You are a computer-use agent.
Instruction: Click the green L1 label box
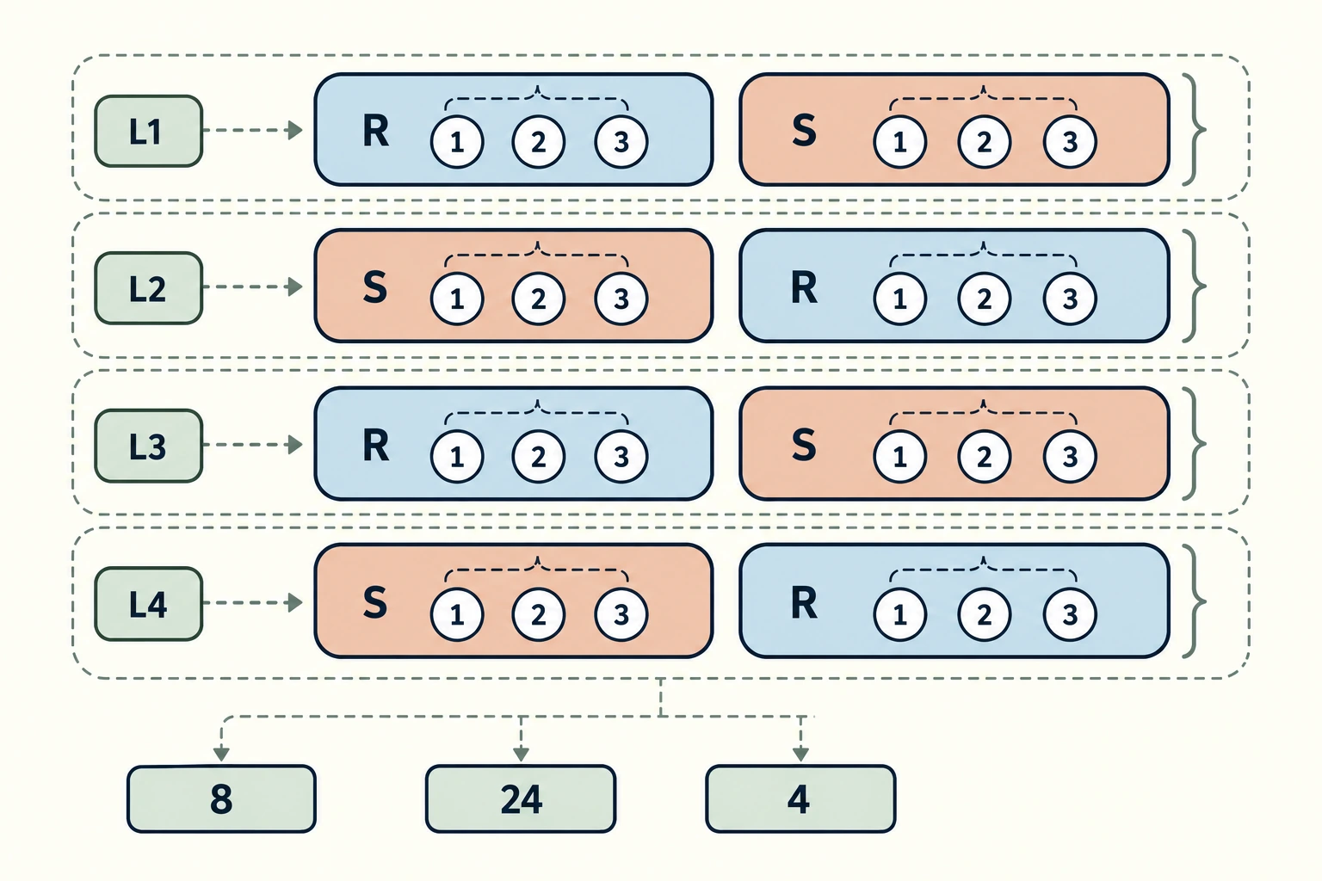tap(149, 131)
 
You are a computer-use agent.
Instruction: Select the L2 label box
tap(149, 288)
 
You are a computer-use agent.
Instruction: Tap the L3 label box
tap(149, 446)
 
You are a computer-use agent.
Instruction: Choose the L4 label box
tap(149, 604)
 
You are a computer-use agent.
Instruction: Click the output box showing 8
tap(221, 799)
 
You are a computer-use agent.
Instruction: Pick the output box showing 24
tap(521, 799)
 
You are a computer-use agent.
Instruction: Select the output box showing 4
tap(800, 799)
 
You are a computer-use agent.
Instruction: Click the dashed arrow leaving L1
tap(252, 130)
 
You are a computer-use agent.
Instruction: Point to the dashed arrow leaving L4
tap(252, 602)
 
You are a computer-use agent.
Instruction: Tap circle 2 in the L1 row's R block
tap(538, 142)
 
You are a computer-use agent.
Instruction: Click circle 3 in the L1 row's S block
tap(1070, 142)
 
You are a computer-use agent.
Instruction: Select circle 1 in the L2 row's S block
tap(457, 299)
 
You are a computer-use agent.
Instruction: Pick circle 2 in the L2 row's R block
tap(984, 299)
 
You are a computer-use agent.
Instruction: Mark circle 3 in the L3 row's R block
tap(621, 456)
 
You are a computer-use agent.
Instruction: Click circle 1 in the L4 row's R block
tap(899, 614)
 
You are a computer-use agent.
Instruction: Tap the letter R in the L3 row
tap(376, 445)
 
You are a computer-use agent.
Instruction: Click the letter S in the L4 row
tap(375, 602)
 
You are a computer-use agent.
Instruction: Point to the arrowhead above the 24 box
tap(521, 754)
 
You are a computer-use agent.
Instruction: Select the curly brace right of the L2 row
tap(1195, 286)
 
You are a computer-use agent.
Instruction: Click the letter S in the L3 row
tap(804, 445)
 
